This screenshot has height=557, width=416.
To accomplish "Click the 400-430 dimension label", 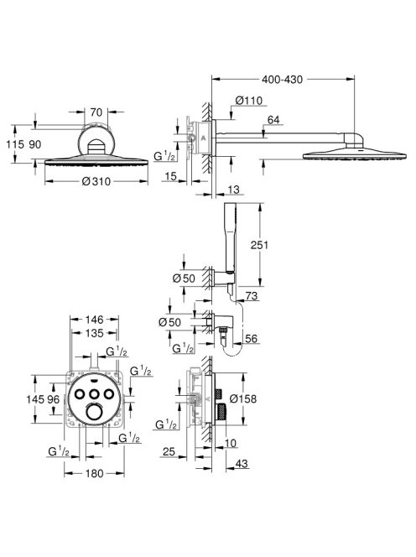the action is click(x=282, y=80).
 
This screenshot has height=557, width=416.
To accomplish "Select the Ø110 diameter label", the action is click(x=248, y=101).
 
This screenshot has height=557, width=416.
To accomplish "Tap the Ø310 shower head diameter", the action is click(x=96, y=181).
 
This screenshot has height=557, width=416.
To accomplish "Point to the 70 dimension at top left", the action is click(x=96, y=112).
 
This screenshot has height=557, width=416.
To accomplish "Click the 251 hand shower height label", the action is click(x=259, y=245).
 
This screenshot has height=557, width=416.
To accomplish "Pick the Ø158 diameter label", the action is click(x=243, y=399).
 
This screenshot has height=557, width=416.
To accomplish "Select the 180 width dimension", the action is click(x=94, y=473).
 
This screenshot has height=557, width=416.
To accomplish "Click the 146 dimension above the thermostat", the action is click(x=94, y=320).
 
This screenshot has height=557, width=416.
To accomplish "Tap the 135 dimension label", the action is click(x=94, y=333).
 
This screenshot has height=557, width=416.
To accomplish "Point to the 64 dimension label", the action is click(x=273, y=120).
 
